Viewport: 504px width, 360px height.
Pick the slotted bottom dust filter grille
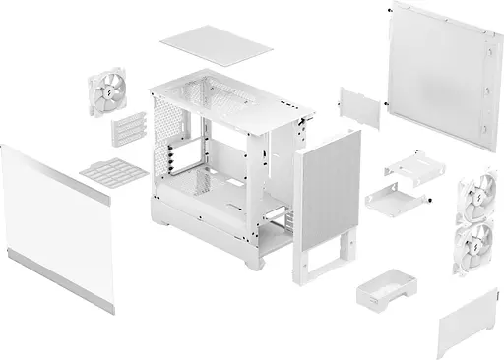coord(106,172)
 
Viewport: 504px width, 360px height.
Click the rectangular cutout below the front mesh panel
coord(335,256)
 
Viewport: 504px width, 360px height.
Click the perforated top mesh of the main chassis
coord(226,94)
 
